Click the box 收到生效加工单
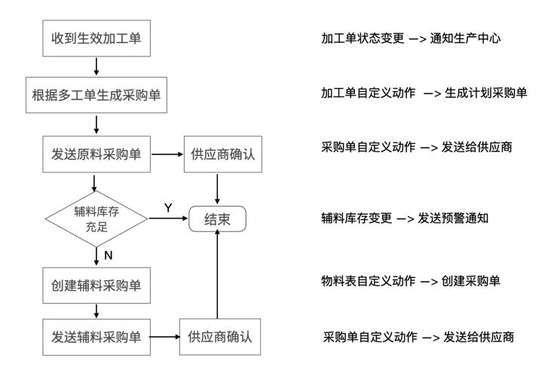96,38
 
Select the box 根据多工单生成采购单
96,95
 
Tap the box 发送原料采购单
96,154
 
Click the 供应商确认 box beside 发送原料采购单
223,154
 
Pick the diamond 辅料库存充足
96,219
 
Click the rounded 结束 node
217,219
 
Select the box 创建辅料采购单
96,286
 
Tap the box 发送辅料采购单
96,337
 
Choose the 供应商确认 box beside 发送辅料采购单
220,337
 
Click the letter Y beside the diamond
168,208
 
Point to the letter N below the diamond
109,255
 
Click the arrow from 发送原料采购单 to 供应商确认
167,154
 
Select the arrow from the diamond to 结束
168,219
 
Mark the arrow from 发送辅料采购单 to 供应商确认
164,337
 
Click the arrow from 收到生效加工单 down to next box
96,66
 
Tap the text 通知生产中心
465,38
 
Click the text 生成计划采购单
486,93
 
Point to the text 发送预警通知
453,219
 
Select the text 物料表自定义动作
368,281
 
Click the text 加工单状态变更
363,38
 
